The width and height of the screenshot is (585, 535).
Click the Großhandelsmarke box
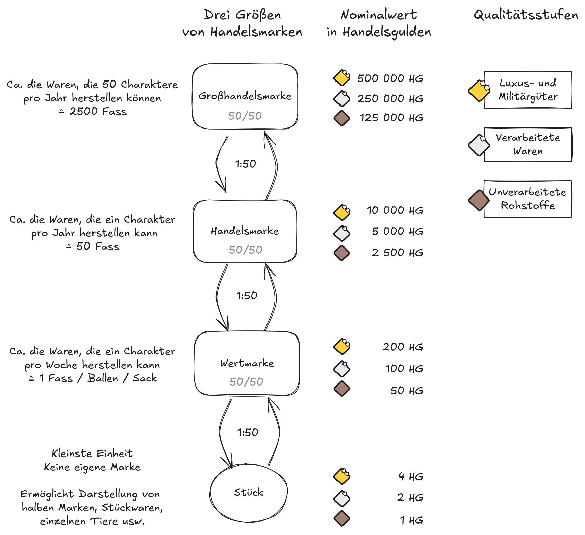245,96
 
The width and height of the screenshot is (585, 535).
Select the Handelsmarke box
245,231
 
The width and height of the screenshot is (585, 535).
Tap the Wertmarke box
247,363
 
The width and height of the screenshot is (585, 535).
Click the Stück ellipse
249,492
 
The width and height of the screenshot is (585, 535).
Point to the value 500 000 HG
390,78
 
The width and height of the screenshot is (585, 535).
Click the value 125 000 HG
391,118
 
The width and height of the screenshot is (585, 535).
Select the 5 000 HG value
397,232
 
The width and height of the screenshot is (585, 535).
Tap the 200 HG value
403,347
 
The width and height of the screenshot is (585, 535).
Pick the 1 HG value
411,520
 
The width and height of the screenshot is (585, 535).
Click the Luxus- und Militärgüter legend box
528,90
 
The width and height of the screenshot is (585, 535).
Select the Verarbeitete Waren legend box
528,144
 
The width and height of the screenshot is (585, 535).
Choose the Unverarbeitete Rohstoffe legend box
528,199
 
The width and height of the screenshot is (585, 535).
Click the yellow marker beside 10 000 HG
342,212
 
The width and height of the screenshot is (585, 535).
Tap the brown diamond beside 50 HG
342,389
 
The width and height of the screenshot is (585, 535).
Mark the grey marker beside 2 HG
342,498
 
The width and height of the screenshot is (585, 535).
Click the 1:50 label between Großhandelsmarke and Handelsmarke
246,164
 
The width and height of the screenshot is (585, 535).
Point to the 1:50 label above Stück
248,433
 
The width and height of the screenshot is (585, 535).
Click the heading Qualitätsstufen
526,15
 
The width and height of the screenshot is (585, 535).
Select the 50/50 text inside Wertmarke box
246,382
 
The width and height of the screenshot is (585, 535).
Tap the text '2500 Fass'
98,112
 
